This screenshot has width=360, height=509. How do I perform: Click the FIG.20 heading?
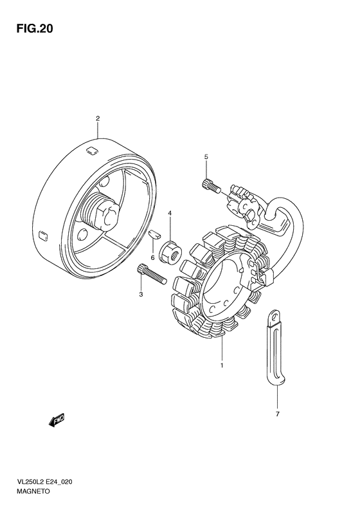pos(34,29)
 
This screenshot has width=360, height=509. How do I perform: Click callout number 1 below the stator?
pos(222,366)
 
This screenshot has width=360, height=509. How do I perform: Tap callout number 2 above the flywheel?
pos(98,118)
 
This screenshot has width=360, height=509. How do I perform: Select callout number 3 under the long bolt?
pos(141,295)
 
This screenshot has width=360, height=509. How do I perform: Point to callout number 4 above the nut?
pos(170,213)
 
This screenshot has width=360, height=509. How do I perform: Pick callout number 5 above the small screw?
pos(206,157)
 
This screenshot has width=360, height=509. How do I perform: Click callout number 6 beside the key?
pos(153,248)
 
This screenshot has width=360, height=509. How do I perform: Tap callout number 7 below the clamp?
pos(278,414)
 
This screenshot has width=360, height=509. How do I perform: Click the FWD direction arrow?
pos(57,420)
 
